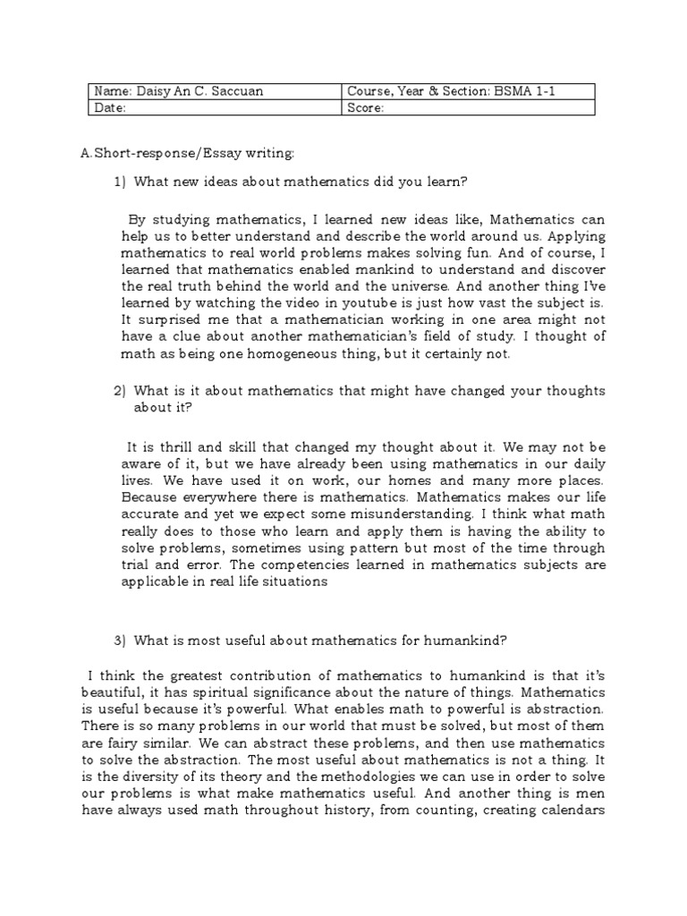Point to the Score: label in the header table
click(x=365, y=107)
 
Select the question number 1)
click(x=121, y=182)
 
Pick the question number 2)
click(x=121, y=392)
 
